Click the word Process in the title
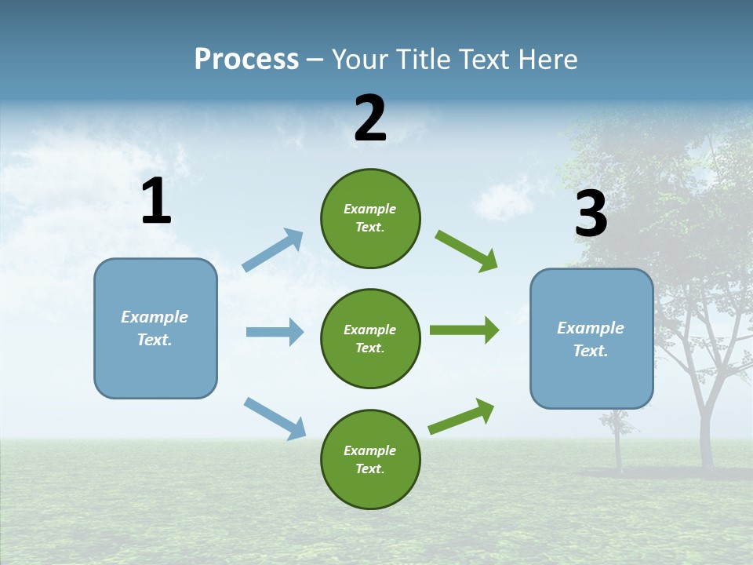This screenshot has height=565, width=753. point(246,60)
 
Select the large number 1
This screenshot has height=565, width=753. point(156,202)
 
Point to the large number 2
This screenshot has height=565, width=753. point(370,119)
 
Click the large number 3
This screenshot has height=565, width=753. point(591,215)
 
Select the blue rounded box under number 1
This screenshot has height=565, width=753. point(155,328)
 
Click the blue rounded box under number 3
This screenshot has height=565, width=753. point(591,339)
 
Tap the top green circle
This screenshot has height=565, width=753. point(370,218)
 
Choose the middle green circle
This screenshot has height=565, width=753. point(370,338)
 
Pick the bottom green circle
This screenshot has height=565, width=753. point(370,459)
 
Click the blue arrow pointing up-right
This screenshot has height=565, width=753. point(273,250)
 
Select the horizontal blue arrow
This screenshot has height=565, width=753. point(275,332)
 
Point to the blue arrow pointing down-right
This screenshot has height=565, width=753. point(275,417)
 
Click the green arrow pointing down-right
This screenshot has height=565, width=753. point(467,250)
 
